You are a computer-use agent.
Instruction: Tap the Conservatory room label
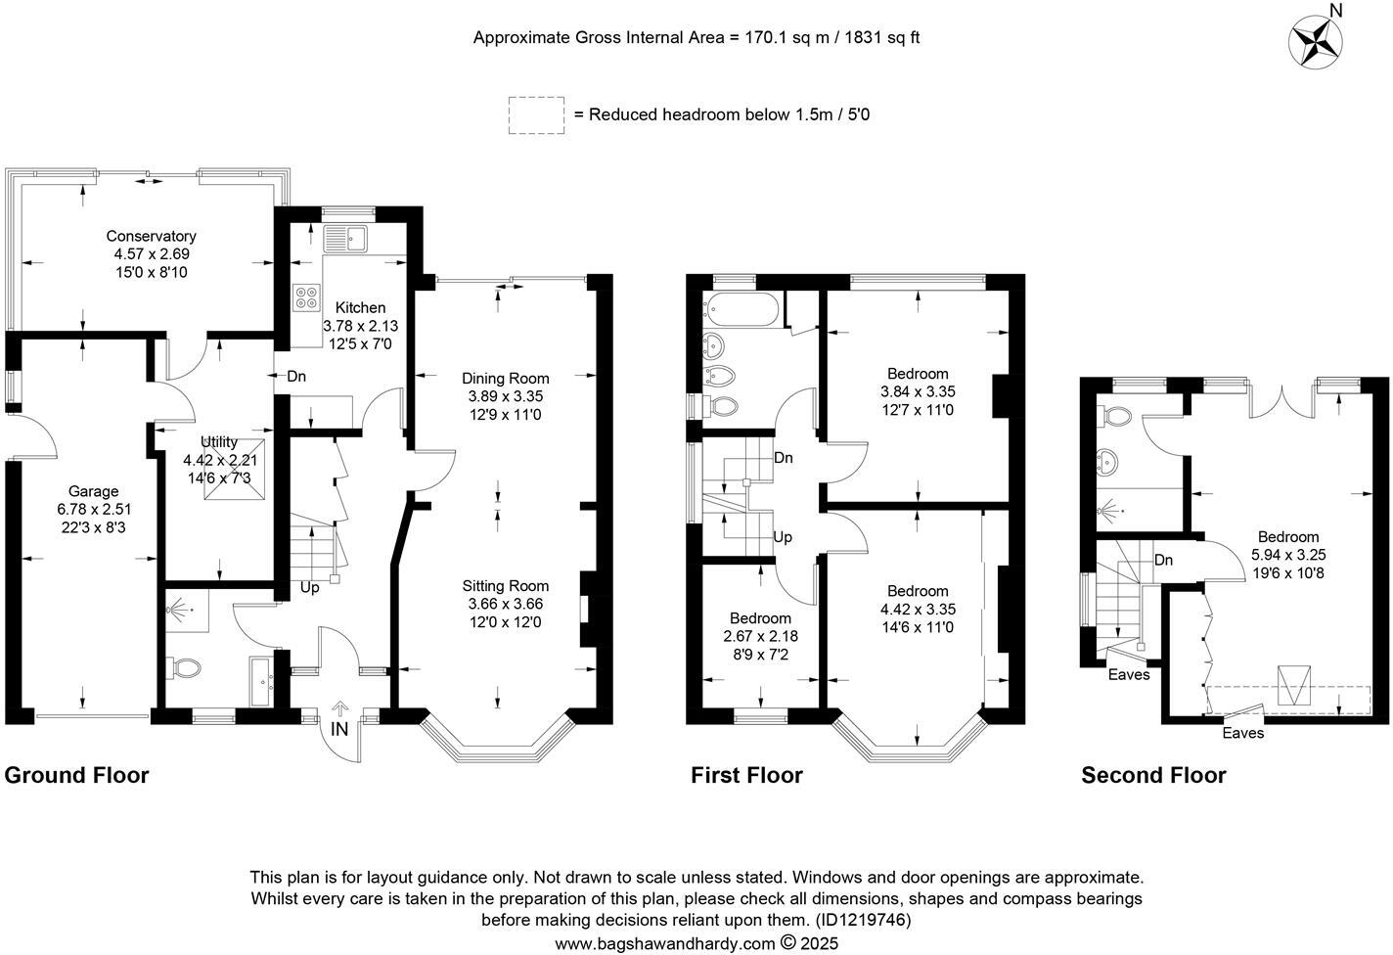coord(151,236)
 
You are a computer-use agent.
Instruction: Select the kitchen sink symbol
coord(344,238)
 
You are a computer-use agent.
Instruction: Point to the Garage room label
coord(93,491)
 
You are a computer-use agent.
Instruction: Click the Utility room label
coord(219,442)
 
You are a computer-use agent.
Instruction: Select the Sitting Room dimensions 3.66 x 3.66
coord(505,604)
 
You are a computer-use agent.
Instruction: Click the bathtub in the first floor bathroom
coord(743,310)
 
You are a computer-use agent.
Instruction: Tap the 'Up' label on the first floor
coord(783,537)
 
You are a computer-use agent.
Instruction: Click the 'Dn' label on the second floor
coord(1163,561)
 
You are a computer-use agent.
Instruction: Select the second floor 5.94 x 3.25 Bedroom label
coord(1288,536)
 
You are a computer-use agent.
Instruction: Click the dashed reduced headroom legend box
coord(536,114)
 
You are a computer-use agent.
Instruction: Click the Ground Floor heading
coord(76,776)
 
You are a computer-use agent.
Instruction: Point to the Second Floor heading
coord(1153,776)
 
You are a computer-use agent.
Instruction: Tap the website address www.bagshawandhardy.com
coord(664,944)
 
